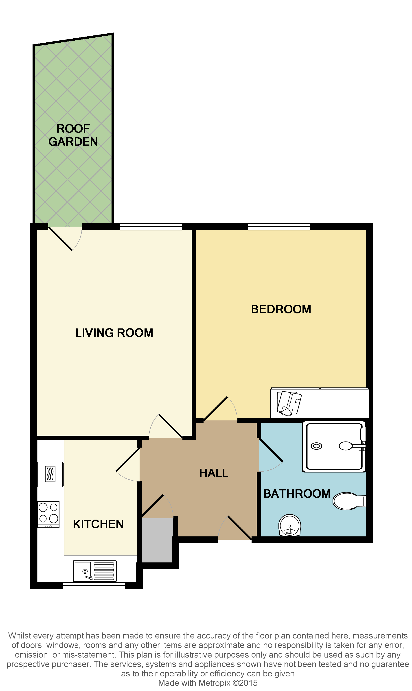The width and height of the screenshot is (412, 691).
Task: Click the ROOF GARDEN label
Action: coord(73,135)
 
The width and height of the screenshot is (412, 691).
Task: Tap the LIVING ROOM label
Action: coord(114,333)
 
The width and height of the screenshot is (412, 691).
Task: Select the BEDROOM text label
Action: coord(281,309)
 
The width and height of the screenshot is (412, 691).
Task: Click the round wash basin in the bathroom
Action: coord(289,525)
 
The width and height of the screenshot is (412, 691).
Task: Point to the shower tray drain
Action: coord(316,446)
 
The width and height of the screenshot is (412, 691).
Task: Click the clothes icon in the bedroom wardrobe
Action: coord(289,403)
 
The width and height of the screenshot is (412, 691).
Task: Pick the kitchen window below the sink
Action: coord(94,586)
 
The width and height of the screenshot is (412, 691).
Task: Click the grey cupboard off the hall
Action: coord(157,540)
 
